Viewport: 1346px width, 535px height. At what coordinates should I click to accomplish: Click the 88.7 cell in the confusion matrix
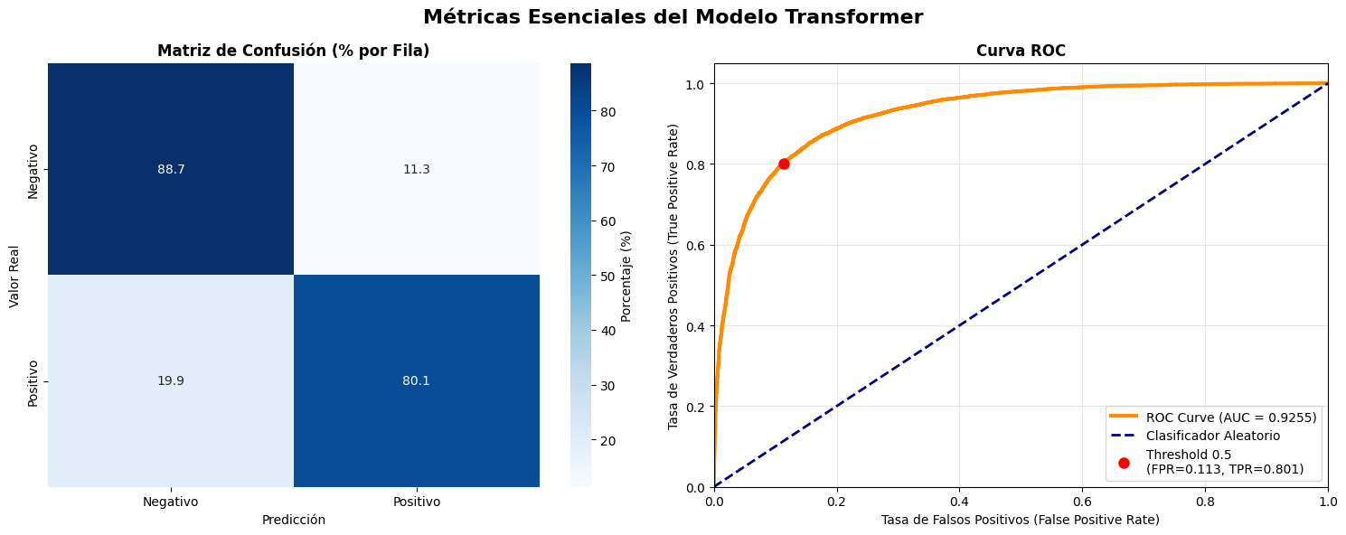point(170,169)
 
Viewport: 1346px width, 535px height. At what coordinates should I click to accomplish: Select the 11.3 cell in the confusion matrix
point(416,169)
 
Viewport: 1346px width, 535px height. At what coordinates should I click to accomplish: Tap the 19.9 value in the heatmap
point(170,380)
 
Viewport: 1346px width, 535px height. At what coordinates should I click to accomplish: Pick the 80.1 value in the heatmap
point(416,380)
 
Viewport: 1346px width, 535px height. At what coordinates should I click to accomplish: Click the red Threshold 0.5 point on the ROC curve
point(784,164)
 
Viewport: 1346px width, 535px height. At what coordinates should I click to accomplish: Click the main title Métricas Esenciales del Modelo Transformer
point(673,17)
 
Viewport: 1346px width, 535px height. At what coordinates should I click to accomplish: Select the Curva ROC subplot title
point(1021,52)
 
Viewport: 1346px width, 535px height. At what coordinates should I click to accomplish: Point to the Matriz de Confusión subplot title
point(293,52)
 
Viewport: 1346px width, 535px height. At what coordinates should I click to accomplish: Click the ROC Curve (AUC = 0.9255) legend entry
point(1230,417)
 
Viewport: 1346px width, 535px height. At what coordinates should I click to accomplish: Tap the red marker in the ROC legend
point(1124,463)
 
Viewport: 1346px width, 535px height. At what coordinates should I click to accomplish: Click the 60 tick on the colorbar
point(607,221)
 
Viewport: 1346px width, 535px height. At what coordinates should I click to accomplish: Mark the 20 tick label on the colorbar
point(607,441)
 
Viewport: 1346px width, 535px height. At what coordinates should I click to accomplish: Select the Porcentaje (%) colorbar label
point(626,276)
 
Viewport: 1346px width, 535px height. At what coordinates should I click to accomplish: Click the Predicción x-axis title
point(293,521)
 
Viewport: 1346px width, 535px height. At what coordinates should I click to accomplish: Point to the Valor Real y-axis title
point(15,276)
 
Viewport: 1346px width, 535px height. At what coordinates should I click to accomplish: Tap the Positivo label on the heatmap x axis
point(416,502)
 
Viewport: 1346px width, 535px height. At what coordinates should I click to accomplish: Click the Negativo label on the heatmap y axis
point(33,170)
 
